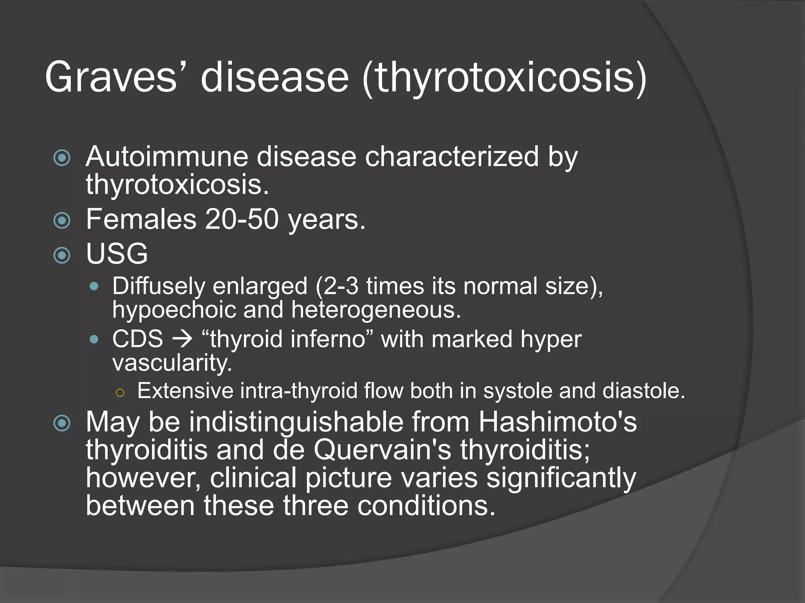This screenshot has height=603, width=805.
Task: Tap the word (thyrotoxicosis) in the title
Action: [x=504, y=77]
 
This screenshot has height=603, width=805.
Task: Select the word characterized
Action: [x=452, y=157]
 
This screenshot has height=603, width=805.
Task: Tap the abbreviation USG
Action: [x=117, y=254]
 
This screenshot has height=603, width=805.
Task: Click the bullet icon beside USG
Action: [x=62, y=255]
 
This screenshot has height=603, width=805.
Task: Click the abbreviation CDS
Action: [x=137, y=339]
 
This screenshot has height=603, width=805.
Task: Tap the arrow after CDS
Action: [x=182, y=339]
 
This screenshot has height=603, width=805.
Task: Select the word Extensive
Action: [x=185, y=391]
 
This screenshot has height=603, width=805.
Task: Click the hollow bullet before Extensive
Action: [x=120, y=392]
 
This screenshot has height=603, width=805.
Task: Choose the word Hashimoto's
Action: [x=557, y=422]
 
